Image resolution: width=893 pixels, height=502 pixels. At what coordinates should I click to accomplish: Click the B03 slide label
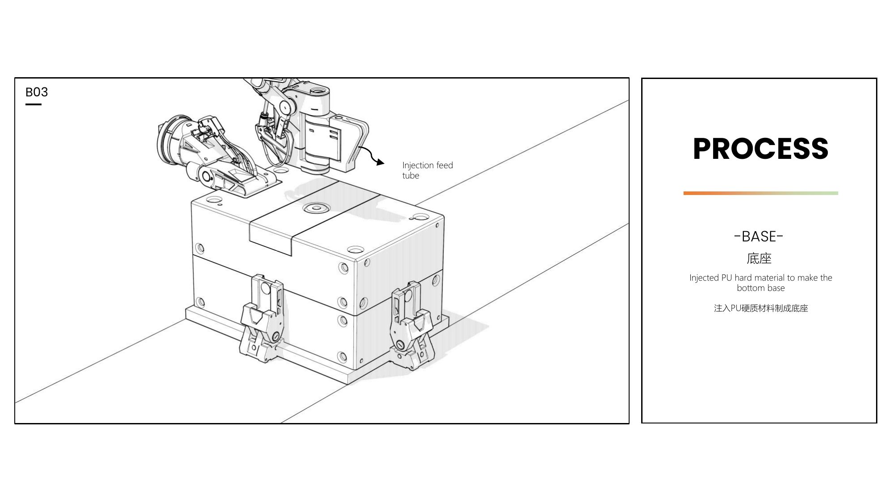point(37,92)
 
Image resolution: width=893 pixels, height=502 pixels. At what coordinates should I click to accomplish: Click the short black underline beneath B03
point(33,104)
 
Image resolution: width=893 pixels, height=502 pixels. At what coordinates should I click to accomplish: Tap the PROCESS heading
point(760,149)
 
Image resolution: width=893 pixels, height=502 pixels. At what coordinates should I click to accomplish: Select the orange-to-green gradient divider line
point(760,193)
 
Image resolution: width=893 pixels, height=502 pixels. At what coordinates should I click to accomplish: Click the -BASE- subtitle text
point(759,236)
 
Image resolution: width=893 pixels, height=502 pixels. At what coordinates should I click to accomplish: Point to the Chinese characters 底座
point(759,258)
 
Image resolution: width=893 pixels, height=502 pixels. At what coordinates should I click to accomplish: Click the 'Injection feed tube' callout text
point(427,170)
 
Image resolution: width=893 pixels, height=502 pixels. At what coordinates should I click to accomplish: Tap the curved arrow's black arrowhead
point(380,162)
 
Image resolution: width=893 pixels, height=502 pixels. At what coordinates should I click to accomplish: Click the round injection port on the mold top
point(316,207)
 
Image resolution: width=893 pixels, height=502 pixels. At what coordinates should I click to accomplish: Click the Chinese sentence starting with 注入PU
point(761,308)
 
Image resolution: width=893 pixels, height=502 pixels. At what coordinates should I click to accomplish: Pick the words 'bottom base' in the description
point(761,288)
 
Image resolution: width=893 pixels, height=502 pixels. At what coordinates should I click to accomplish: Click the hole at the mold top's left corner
point(213,199)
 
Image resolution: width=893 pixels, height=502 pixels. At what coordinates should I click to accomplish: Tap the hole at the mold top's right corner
point(421,217)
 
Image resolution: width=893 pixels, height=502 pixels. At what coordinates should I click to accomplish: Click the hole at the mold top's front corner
point(355,249)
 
